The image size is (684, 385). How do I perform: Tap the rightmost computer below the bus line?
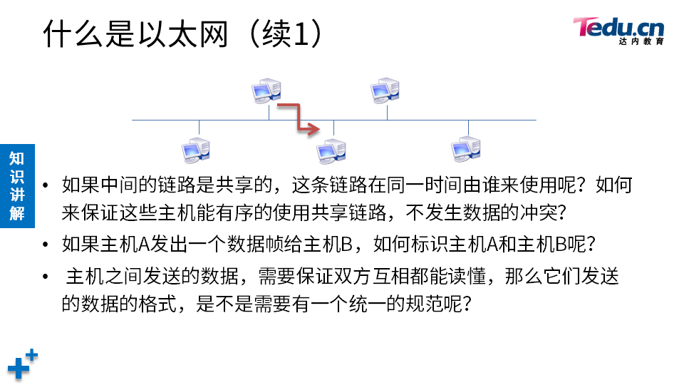467,148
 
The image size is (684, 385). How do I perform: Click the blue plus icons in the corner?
22,364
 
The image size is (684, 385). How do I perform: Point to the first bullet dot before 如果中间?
46,187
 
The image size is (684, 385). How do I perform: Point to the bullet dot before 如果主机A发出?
46,246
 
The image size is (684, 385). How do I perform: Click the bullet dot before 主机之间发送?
46,277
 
